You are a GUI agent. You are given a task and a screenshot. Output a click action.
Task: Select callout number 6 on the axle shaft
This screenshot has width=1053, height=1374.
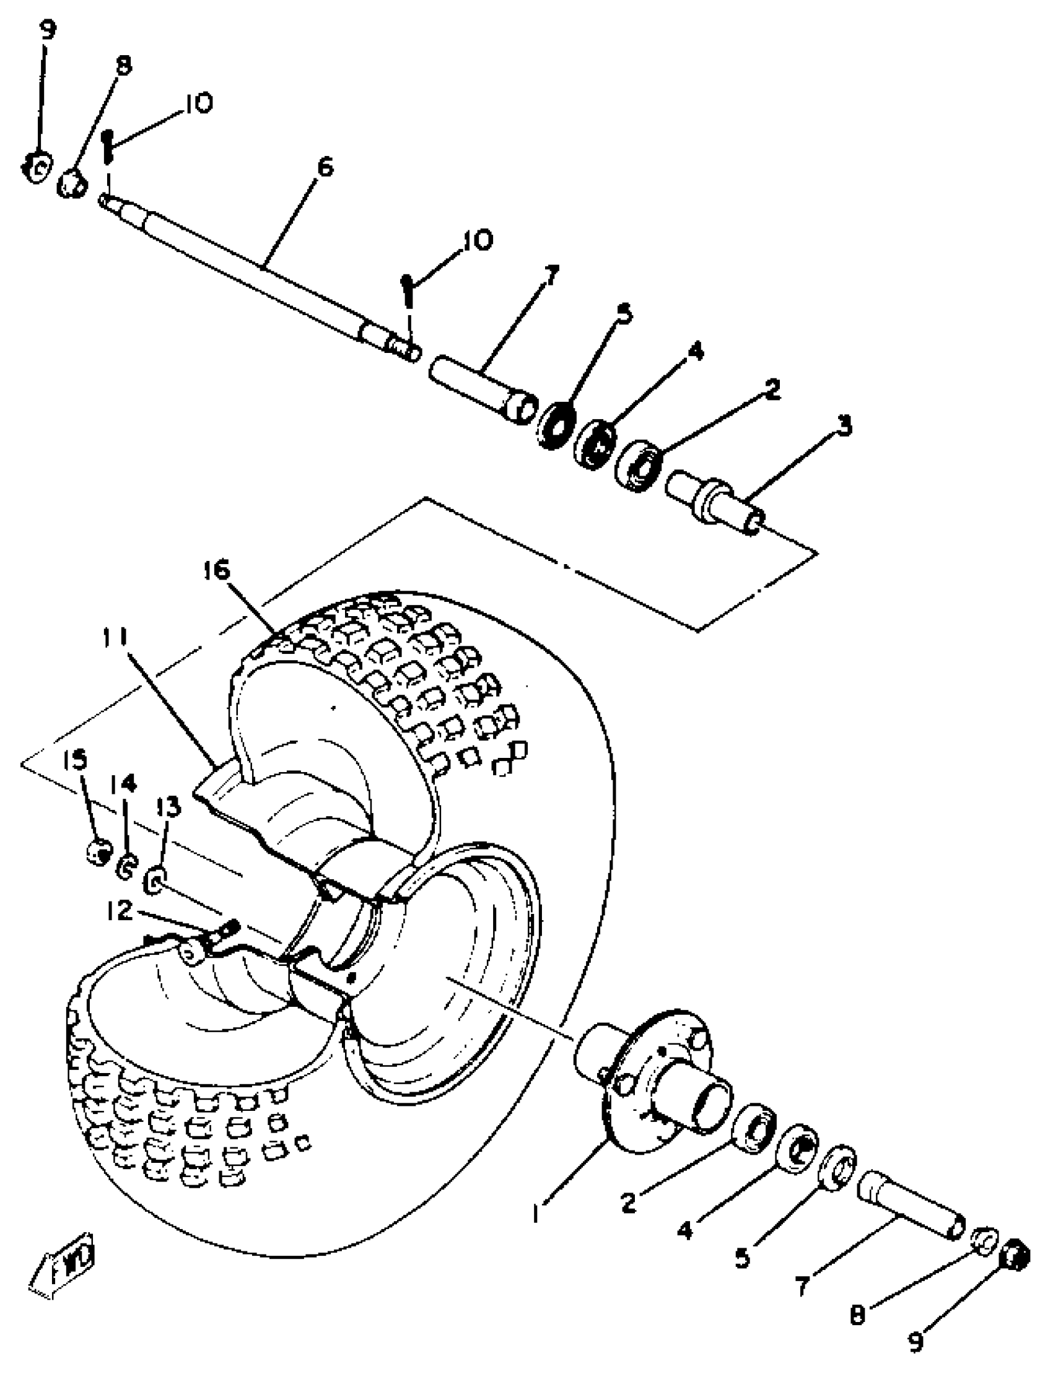click(325, 167)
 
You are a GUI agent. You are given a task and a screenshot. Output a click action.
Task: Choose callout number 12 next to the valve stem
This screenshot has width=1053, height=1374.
click(118, 910)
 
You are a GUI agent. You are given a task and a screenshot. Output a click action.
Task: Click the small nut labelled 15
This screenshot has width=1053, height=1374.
click(98, 852)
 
